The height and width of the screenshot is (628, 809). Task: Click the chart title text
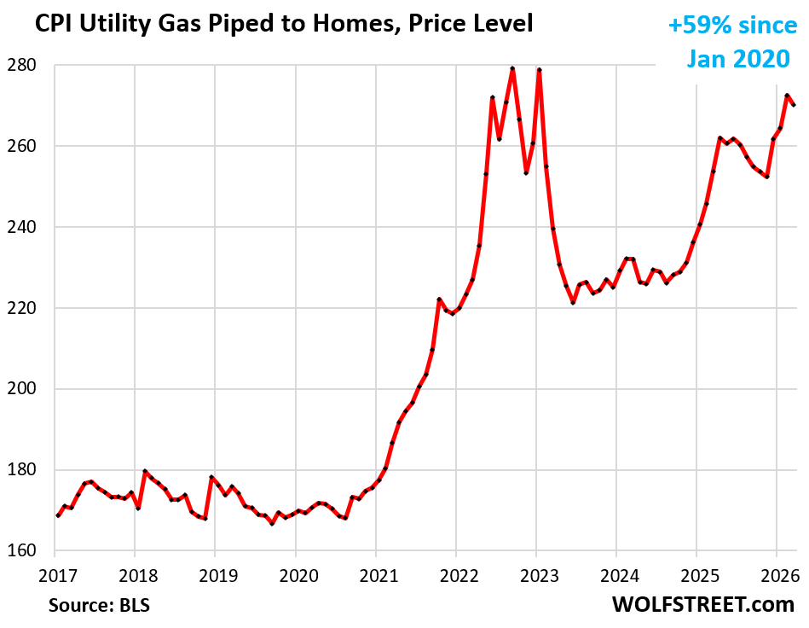[x=284, y=24]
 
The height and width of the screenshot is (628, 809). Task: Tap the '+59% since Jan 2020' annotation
[x=732, y=42]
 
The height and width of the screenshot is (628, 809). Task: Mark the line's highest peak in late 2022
[x=512, y=68]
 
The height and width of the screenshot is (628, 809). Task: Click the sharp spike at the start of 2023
[x=540, y=70]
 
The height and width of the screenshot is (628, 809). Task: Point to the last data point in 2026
[x=795, y=105]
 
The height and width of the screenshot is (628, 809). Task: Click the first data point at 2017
[x=58, y=515]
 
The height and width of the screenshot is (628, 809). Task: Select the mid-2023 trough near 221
[x=574, y=303]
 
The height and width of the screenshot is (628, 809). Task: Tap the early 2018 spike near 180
[x=145, y=471]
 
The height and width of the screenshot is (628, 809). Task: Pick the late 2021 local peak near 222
[x=439, y=299]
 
